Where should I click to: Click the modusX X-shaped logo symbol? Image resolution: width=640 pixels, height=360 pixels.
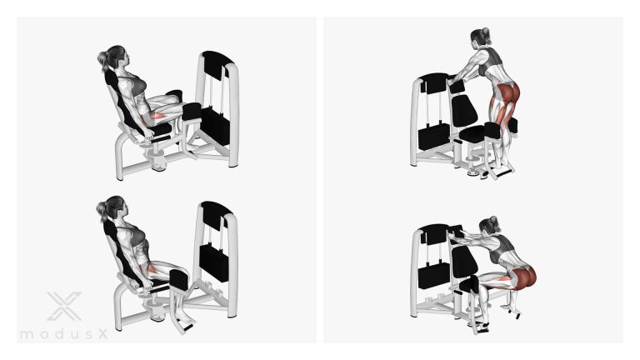click(64, 306)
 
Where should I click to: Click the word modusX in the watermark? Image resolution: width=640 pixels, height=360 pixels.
click(64, 334)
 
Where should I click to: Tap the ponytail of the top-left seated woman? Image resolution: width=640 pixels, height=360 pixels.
click(102, 60)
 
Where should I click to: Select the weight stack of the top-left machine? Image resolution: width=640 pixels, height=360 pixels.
click(215, 124)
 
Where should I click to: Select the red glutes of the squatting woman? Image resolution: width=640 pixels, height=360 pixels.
click(523, 277)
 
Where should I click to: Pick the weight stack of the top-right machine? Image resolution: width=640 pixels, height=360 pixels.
click(432, 137)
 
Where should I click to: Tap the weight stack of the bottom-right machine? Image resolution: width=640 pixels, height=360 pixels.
click(434, 276)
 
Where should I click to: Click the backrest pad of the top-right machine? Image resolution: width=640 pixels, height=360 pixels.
click(463, 110)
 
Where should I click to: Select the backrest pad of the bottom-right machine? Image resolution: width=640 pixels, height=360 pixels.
click(462, 262)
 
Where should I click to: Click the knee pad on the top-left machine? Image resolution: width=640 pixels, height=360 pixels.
click(191, 111)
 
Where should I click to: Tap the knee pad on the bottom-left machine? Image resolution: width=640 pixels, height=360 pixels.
click(179, 280)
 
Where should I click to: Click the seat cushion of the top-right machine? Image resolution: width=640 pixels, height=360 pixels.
click(473, 133)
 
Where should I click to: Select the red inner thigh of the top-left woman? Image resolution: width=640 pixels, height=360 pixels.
click(158, 117)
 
